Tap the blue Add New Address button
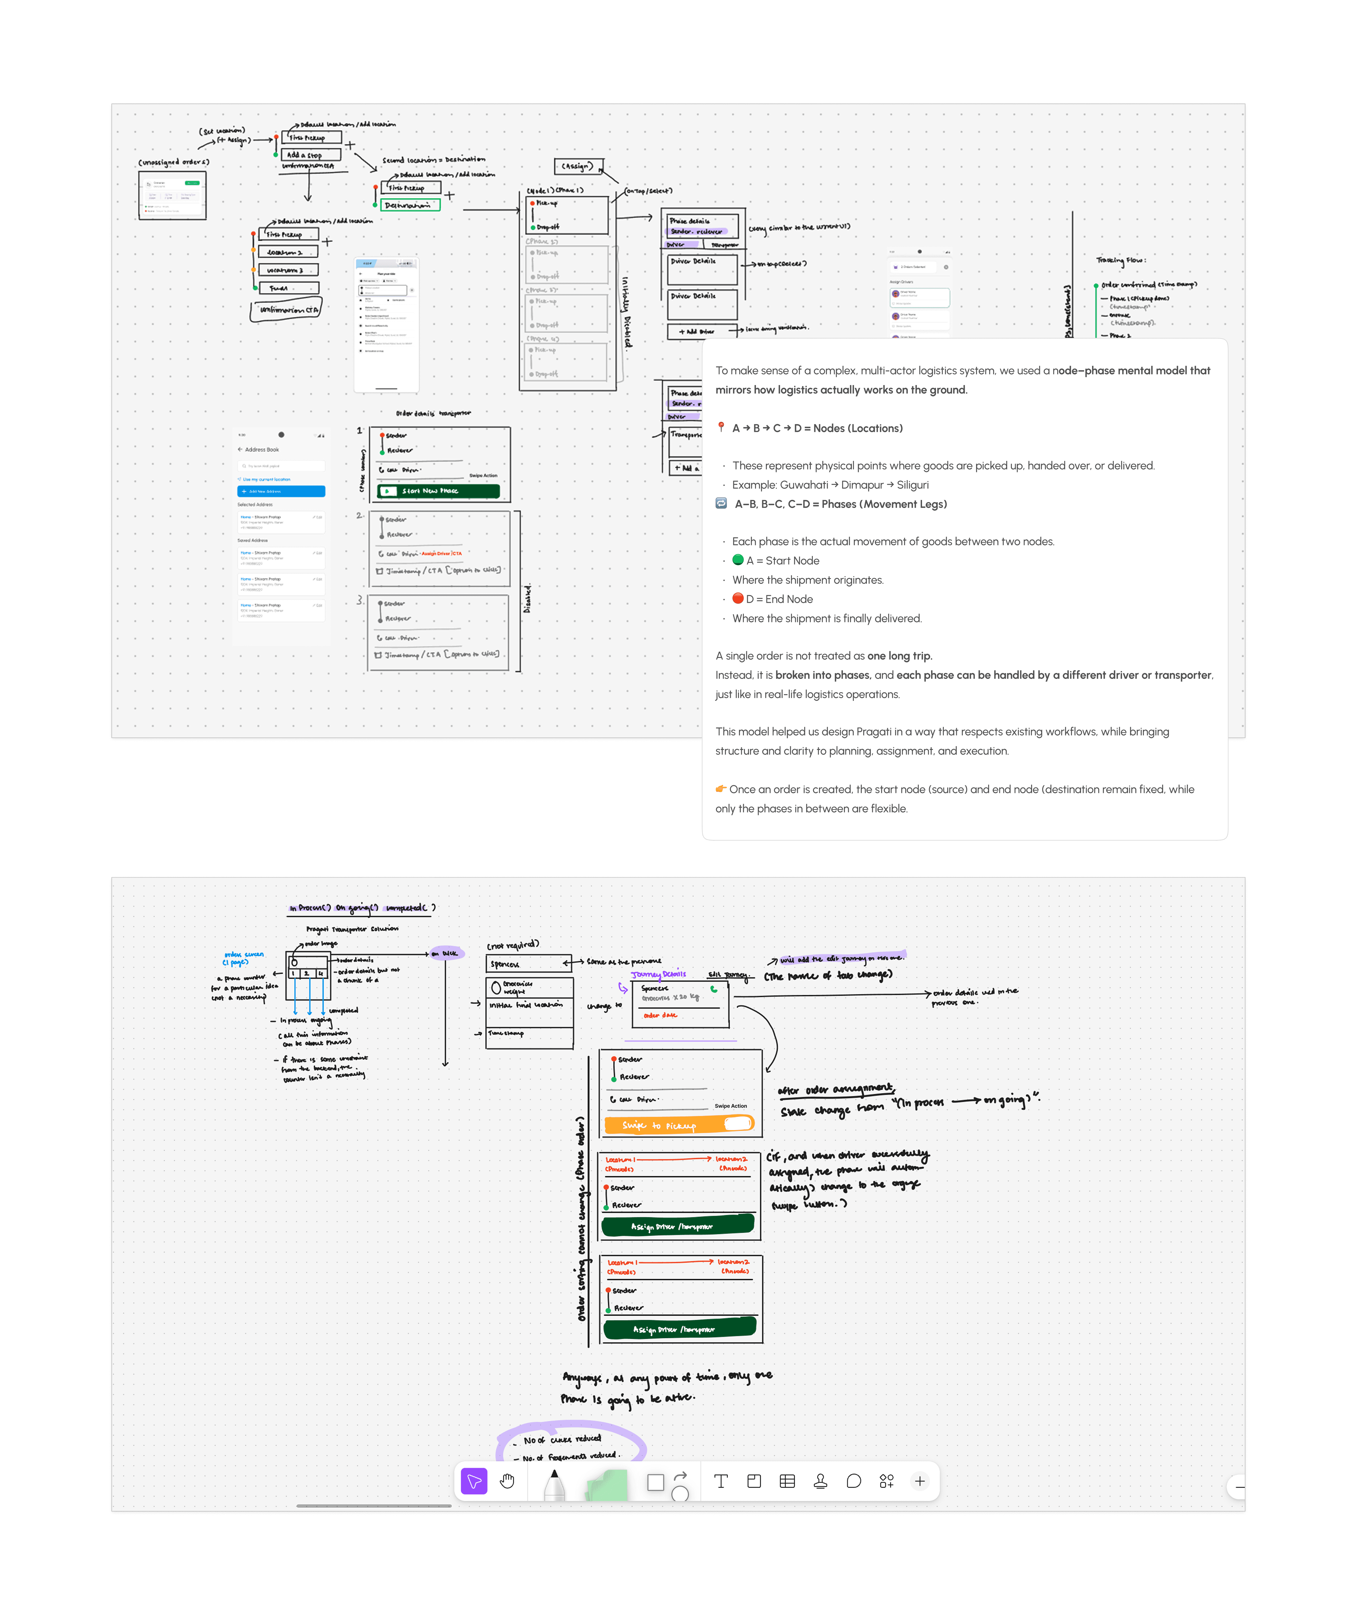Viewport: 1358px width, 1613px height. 281,491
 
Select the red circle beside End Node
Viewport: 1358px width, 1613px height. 738,598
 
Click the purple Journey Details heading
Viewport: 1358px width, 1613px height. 658,974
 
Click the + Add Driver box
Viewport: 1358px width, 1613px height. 697,331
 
